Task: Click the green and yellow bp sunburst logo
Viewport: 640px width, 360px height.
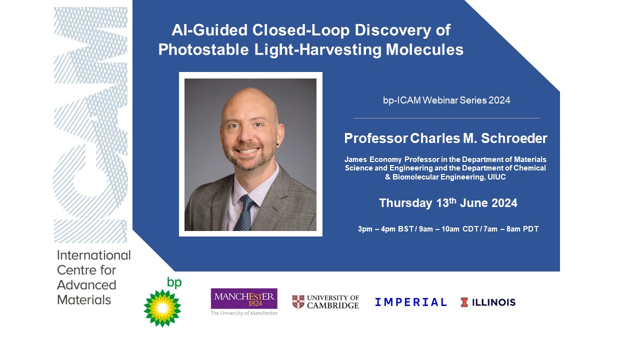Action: (162, 308)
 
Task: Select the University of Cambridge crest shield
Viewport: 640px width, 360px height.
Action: (298, 301)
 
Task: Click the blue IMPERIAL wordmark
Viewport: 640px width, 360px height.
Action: (411, 302)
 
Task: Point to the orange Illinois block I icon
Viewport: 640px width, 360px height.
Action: (464, 302)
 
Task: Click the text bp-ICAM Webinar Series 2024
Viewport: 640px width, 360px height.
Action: (446, 100)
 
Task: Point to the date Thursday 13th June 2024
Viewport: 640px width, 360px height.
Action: (448, 203)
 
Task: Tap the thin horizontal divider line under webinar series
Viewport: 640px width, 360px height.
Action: (446, 118)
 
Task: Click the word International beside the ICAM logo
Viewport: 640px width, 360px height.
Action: (93, 255)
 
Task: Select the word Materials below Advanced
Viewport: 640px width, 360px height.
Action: (84, 300)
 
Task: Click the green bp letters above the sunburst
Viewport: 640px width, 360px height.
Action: (174, 282)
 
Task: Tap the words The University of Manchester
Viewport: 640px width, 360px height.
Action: (244, 313)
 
